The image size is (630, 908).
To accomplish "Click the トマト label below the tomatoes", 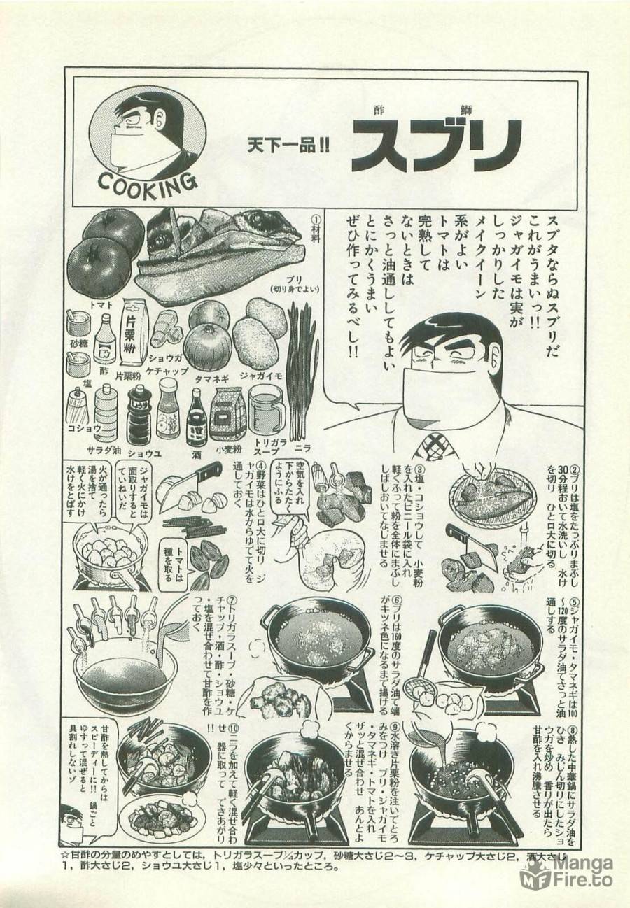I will (x=101, y=306).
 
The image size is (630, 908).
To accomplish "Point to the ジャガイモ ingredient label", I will (x=260, y=376).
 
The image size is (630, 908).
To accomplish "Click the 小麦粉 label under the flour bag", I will (x=228, y=449).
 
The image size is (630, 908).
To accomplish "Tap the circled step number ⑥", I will (x=397, y=601).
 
